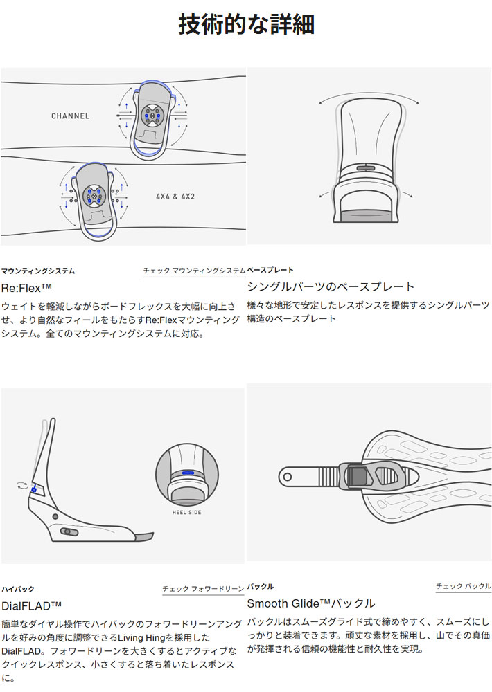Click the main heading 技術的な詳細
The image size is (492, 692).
tap(246, 24)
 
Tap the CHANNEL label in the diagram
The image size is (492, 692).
tap(70, 116)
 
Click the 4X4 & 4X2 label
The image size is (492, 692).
tap(175, 197)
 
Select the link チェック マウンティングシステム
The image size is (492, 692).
tap(194, 271)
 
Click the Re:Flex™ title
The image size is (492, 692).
tap(26, 289)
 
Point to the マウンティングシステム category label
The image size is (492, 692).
tap(38, 271)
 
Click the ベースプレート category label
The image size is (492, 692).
tap(270, 270)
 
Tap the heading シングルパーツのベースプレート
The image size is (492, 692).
tap(331, 287)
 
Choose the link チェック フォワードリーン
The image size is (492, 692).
tap(203, 589)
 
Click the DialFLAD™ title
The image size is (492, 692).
tap(31, 606)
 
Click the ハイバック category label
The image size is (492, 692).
tap(18, 589)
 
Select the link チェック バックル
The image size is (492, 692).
tap(464, 586)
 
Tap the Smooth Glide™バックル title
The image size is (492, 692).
tap(311, 603)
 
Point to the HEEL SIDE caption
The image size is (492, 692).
tap(186, 512)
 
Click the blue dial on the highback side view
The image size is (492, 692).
tap(33, 489)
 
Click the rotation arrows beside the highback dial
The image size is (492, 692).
tap(21, 486)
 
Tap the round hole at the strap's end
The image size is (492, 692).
tap(288, 477)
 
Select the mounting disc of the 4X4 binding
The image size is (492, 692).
tap(94, 195)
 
